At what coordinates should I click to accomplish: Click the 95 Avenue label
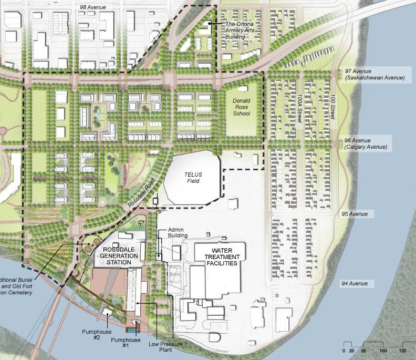[x=352, y=214]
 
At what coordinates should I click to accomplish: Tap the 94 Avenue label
[x=354, y=284]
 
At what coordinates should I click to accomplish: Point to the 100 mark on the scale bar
[x=383, y=351]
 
